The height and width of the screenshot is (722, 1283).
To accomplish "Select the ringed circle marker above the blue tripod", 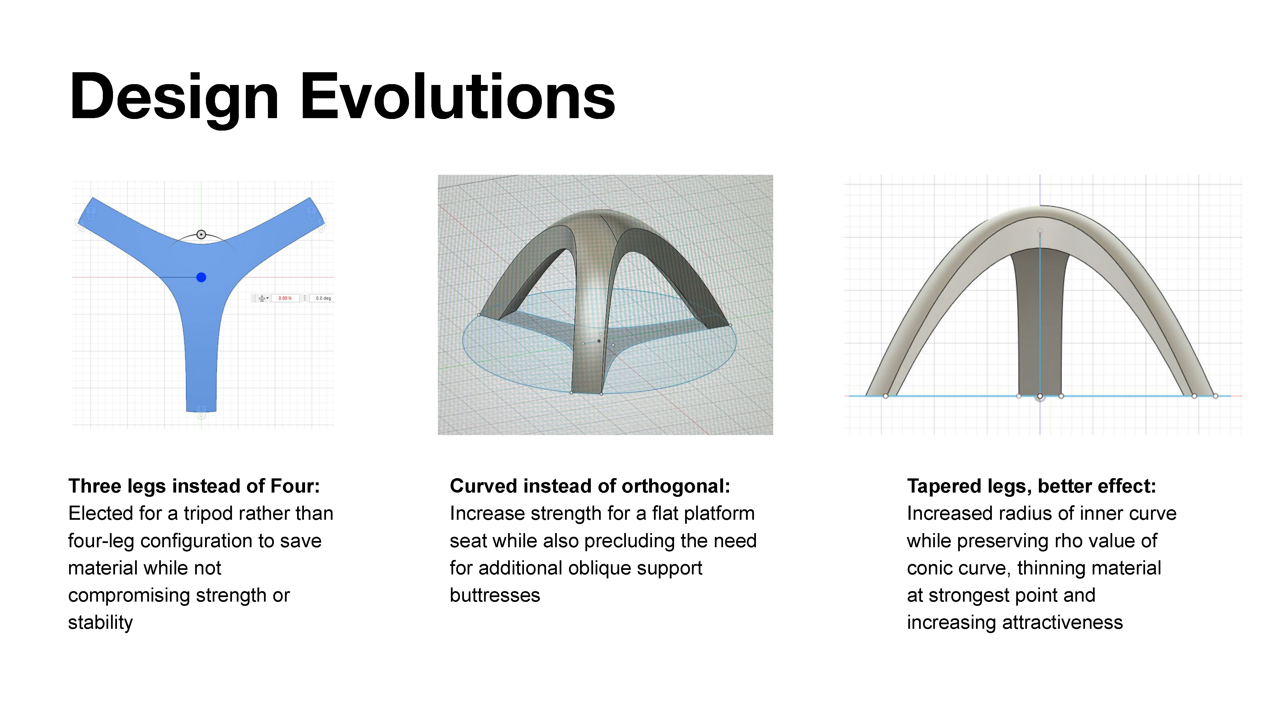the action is point(201,234).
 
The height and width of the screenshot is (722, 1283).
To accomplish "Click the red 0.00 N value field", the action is point(285,298).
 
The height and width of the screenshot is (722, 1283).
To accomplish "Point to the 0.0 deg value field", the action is point(323,298).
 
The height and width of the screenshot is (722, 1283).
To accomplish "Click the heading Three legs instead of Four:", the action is point(194,486).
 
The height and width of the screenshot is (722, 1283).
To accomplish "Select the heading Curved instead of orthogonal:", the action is point(590,486).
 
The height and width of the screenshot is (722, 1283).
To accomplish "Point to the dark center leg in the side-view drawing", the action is point(1040,324).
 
